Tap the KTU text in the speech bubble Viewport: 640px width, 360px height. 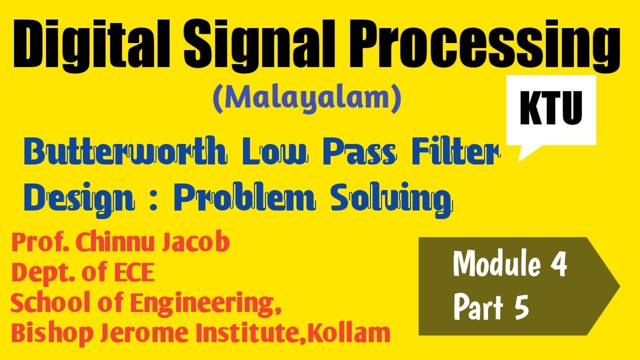pyautogui.click(x=551, y=110)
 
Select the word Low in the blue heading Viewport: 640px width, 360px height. pyautogui.click(x=273, y=154)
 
